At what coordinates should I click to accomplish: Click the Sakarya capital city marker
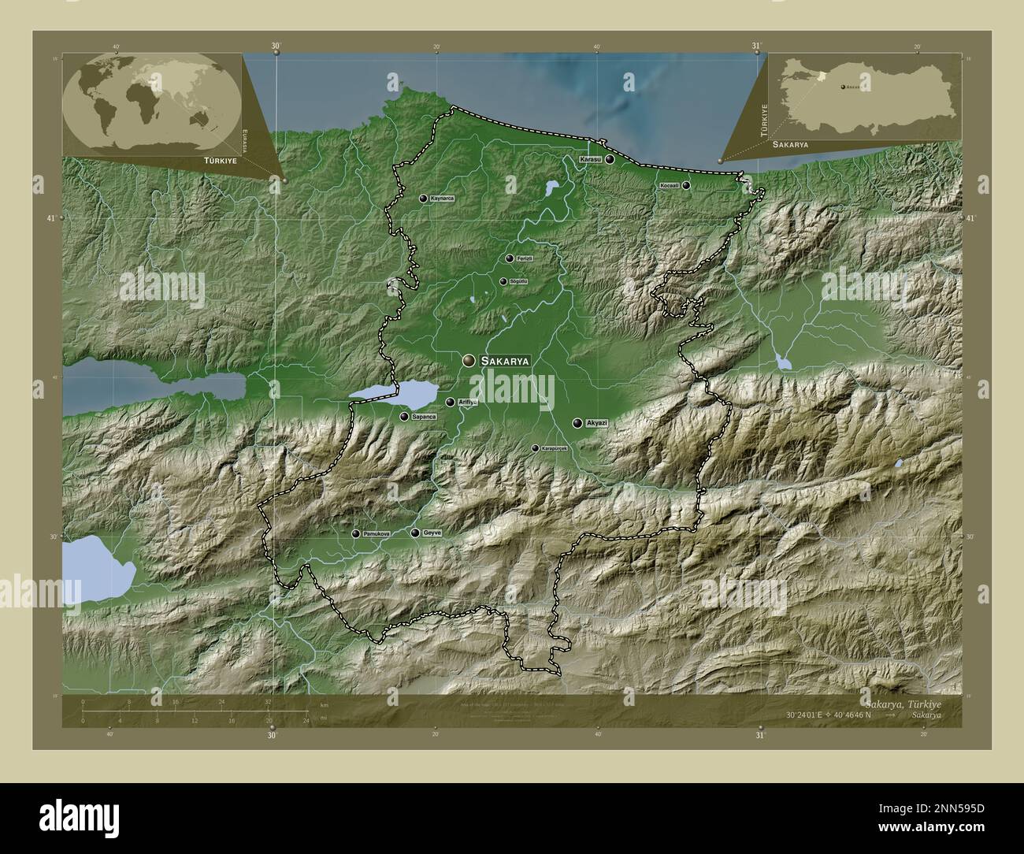(x=469, y=360)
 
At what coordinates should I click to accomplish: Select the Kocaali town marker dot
(x=686, y=185)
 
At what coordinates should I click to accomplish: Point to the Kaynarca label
(x=443, y=199)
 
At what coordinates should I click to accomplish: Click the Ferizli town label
(x=525, y=258)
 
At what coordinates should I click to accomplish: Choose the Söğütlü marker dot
(x=503, y=281)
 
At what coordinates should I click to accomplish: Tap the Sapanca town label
(x=423, y=417)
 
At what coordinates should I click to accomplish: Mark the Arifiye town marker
(x=451, y=403)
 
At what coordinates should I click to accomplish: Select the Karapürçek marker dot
(x=535, y=448)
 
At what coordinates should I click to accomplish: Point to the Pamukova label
(x=376, y=534)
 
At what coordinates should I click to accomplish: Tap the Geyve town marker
(x=415, y=533)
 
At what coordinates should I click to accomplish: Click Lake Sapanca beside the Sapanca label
(x=394, y=392)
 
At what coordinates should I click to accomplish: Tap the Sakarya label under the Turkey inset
(x=790, y=145)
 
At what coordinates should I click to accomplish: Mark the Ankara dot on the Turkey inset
(x=844, y=86)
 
